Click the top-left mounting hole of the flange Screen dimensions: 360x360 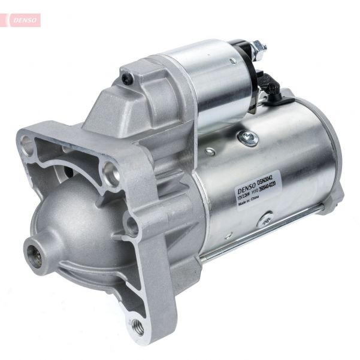[26, 143]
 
